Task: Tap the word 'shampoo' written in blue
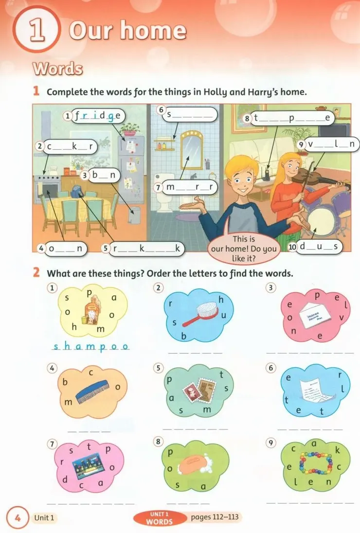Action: (x=91, y=347)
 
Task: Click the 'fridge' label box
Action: (x=94, y=116)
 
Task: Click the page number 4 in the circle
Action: (x=18, y=518)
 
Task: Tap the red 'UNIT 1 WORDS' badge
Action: (x=160, y=518)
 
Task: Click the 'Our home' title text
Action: (x=128, y=30)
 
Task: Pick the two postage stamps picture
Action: (x=199, y=389)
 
